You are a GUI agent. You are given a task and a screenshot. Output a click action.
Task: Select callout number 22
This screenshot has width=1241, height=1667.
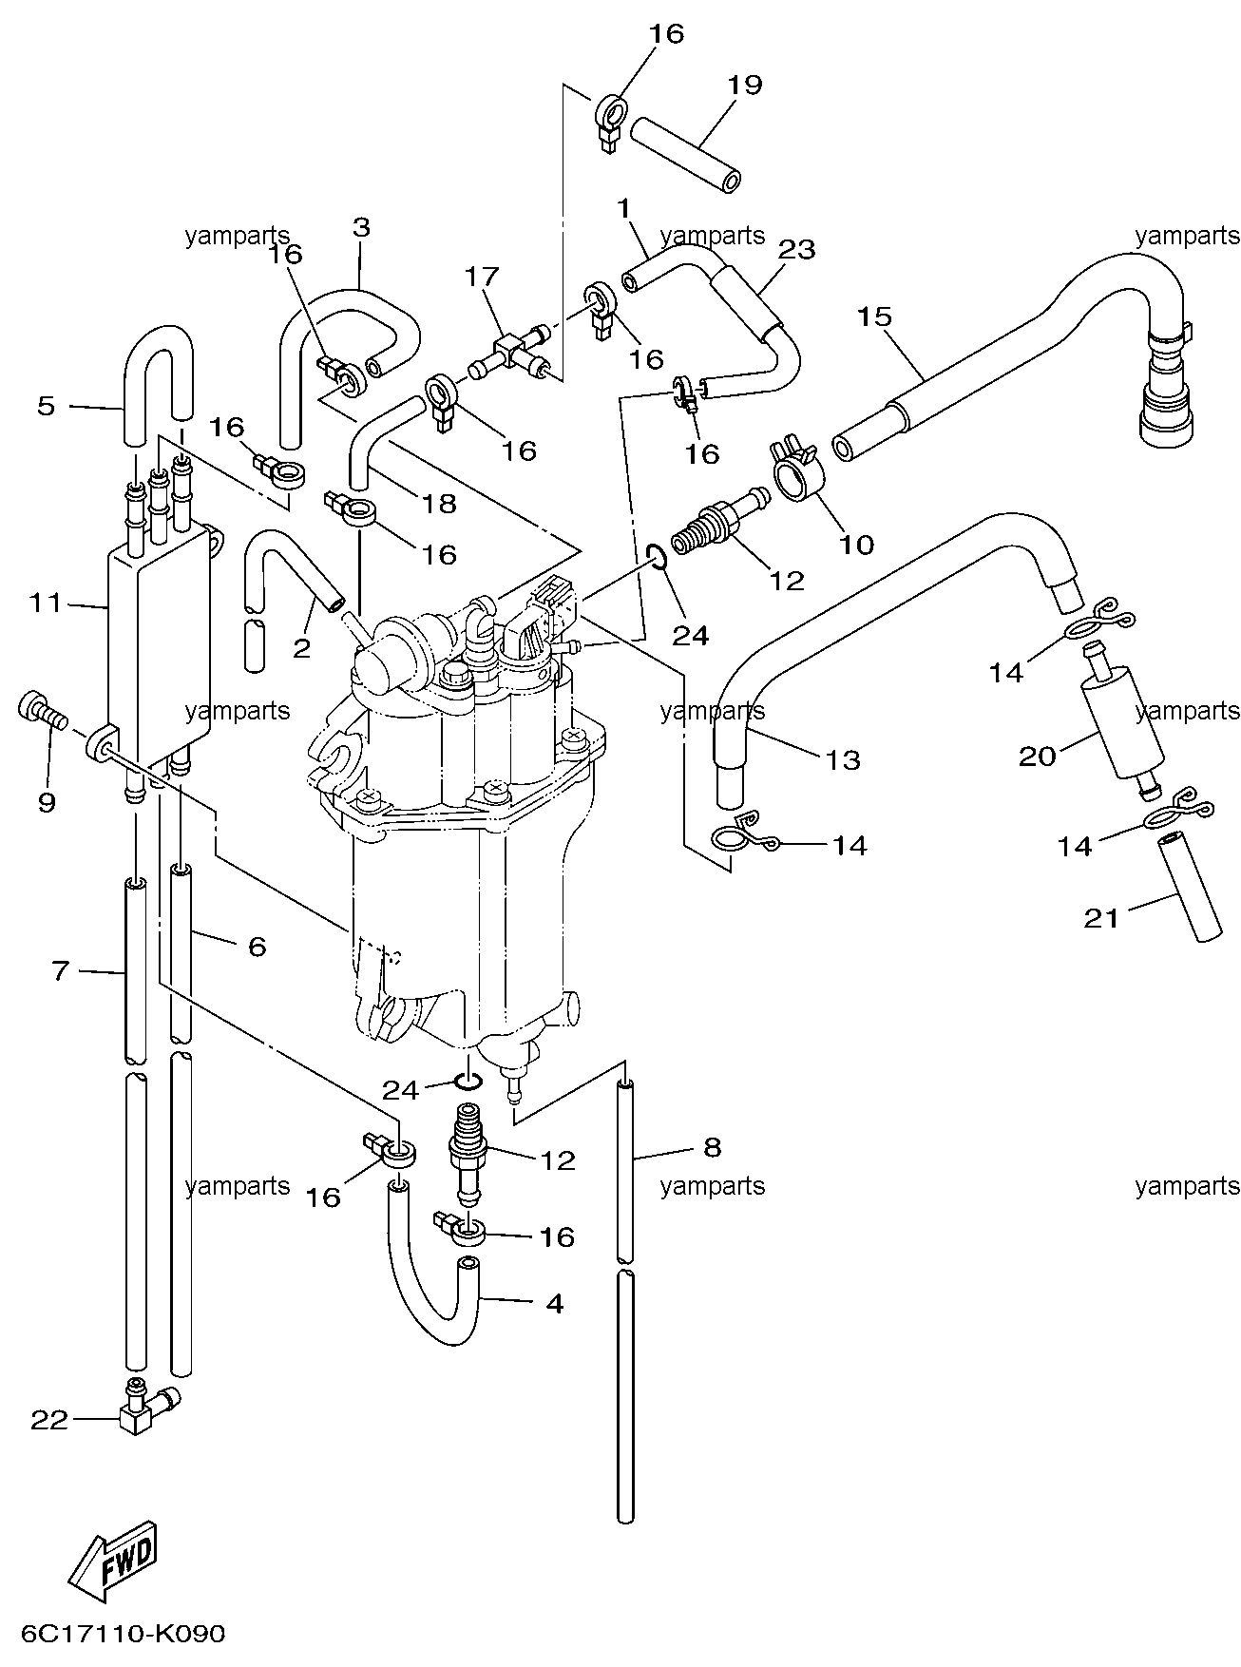click(49, 1420)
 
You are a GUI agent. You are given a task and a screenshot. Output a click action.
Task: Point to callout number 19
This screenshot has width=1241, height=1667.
click(745, 85)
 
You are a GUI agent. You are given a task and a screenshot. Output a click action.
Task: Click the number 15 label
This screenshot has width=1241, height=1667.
click(874, 316)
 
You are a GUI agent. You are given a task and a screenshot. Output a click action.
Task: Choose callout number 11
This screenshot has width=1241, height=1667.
click(45, 603)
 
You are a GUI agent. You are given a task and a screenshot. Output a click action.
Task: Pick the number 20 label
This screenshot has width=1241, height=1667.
click(1038, 756)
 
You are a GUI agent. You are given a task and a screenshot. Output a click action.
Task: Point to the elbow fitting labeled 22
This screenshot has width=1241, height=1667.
click(146, 1409)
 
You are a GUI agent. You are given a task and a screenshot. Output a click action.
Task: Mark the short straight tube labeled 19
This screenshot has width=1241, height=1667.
click(686, 154)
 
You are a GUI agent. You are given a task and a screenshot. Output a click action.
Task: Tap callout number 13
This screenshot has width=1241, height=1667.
click(843, 759)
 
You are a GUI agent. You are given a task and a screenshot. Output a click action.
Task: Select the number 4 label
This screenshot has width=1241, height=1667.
click(554, 1303)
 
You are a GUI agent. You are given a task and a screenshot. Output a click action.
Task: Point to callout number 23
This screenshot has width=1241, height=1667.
click(797, 249)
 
